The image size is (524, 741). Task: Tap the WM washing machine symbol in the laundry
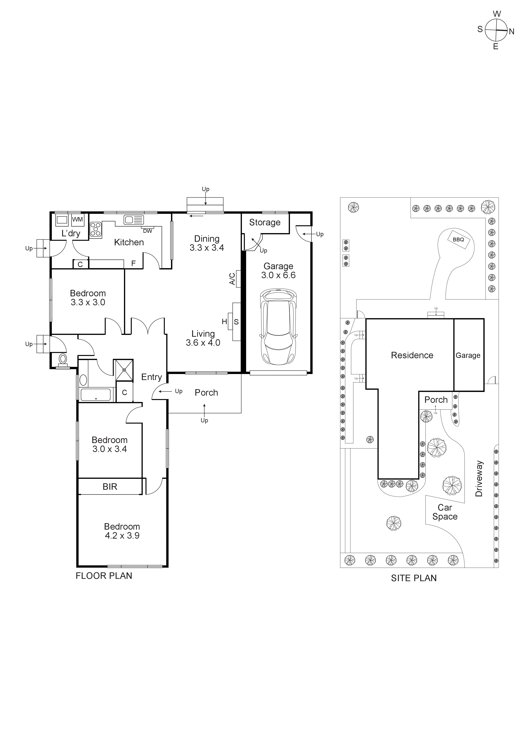coord(77,219)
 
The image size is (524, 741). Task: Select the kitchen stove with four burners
coord(96,230)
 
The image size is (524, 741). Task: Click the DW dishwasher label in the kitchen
coord(147,231)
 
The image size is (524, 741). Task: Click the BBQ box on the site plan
coord(458,239)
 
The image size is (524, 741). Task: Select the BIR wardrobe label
coord(110,487)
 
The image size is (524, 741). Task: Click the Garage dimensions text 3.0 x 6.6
coord(278,275)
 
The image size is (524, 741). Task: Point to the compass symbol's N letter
coord(511,32)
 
